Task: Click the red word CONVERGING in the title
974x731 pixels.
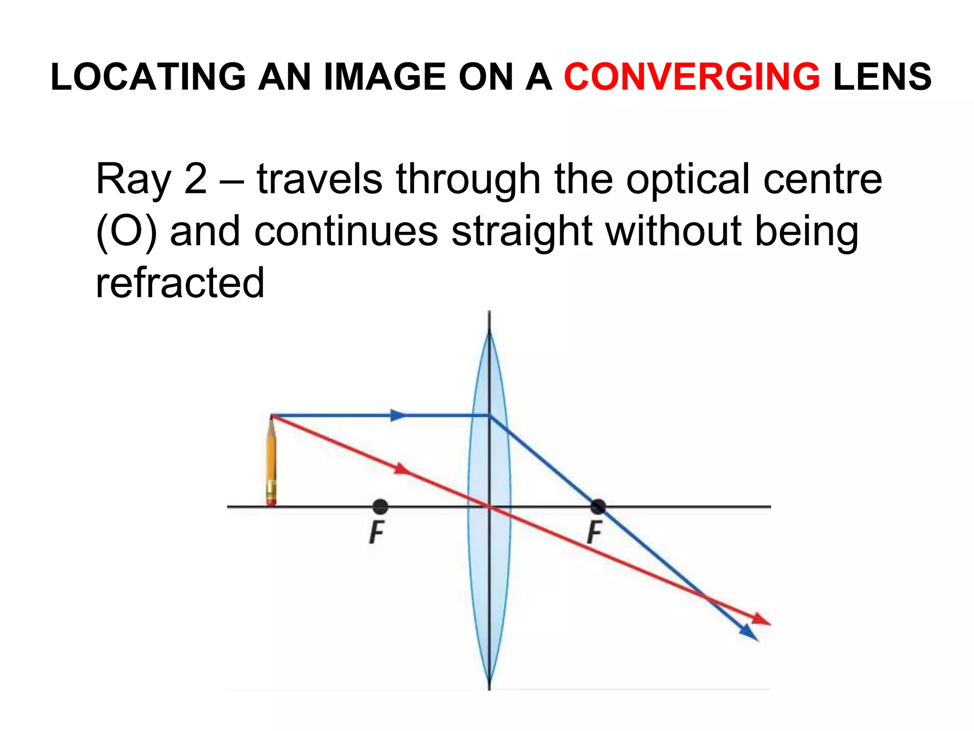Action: tap(692, 77)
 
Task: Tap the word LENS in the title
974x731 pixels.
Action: tap(882, 77)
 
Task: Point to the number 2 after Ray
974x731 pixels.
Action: tap(195, 179)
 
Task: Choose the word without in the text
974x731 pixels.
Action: tap(674, 231)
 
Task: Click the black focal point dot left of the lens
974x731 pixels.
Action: tap(380, 507)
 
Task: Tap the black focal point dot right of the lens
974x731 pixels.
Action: tap(598, 507)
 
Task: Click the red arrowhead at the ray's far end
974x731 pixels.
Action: tap(761, 620)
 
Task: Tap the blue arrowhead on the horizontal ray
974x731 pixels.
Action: tap(399, 415)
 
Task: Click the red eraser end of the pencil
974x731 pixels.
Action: tap(271, 501)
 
